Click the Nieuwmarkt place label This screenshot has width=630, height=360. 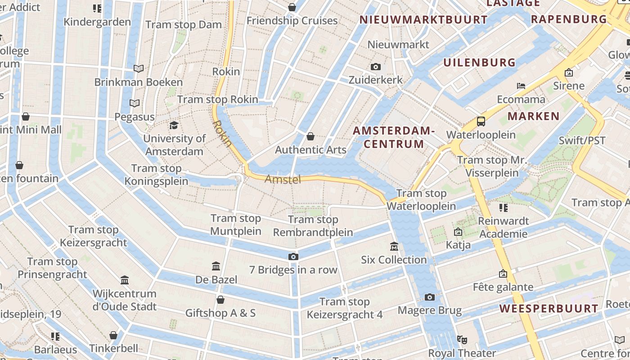point(398,45)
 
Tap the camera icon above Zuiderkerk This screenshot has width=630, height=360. point(376,67)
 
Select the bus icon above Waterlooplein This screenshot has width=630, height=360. point(481,121)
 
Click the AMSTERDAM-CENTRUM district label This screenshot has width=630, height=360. point(394,137)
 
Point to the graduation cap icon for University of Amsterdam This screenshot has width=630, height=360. point(174,125)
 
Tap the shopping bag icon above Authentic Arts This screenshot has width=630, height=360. point(310,136)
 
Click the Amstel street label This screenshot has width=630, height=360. point(283,179)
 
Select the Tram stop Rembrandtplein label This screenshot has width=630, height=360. point(313,226)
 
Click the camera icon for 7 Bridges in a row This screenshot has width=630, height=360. point(293,256)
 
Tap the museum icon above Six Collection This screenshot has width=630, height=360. point(394,246)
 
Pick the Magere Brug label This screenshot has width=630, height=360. point(429,310)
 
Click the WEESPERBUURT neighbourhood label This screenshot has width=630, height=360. point(549,309)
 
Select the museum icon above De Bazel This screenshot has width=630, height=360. point(216,266)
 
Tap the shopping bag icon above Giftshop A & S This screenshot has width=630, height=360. point(220,300)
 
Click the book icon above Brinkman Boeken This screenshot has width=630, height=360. point(139,69)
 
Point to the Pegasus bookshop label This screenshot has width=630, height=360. point(134,117)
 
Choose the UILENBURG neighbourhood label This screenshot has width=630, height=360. point(479,63)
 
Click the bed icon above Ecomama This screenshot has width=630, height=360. point(521,86)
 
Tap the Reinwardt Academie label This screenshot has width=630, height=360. point(503,227)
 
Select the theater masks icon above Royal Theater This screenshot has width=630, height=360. point(462,340)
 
